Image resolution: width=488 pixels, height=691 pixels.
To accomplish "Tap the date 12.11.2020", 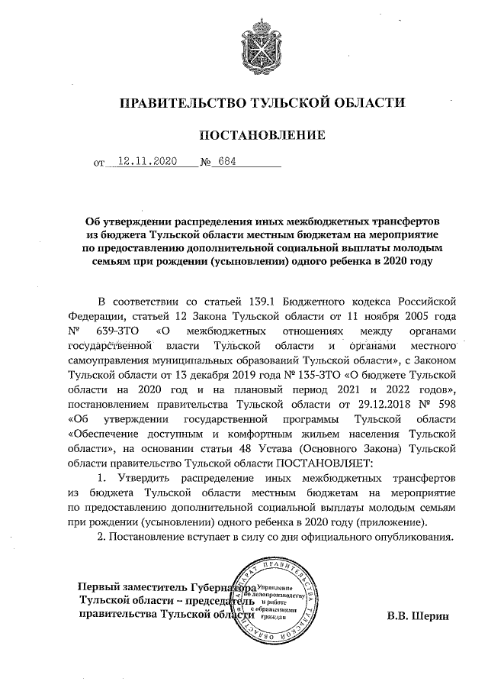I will click(x=143, y=162).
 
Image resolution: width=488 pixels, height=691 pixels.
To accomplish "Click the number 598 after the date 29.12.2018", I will click(x=445, y=404).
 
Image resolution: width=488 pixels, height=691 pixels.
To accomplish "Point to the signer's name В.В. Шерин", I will click(x=418, y=615).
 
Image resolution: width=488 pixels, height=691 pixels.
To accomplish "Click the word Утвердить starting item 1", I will click(x=139, y=477).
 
